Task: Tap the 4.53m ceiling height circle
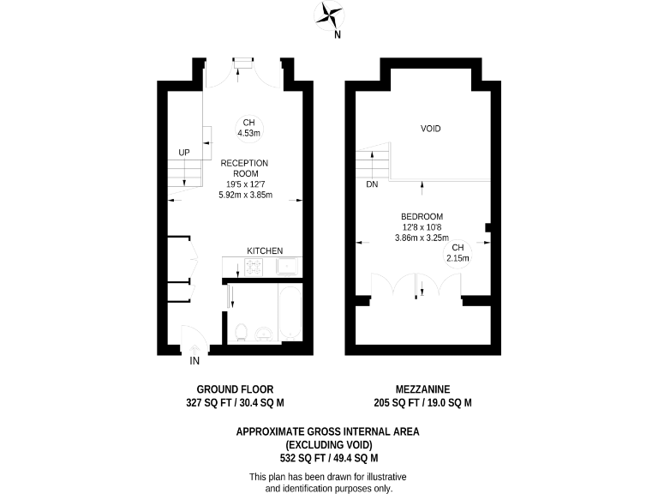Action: [249, 127]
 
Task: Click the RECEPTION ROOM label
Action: [244, 168]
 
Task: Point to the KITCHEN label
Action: [265, 250]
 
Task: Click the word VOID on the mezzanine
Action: [430, 129]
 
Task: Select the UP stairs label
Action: [183, 153]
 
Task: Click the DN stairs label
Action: [371, 184]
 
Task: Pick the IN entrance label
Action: [194, 361]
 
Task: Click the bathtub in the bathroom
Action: [290, 314]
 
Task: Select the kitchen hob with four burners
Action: [254, 267]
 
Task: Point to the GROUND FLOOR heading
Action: [235, 389]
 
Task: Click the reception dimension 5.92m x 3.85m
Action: [245, 195]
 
